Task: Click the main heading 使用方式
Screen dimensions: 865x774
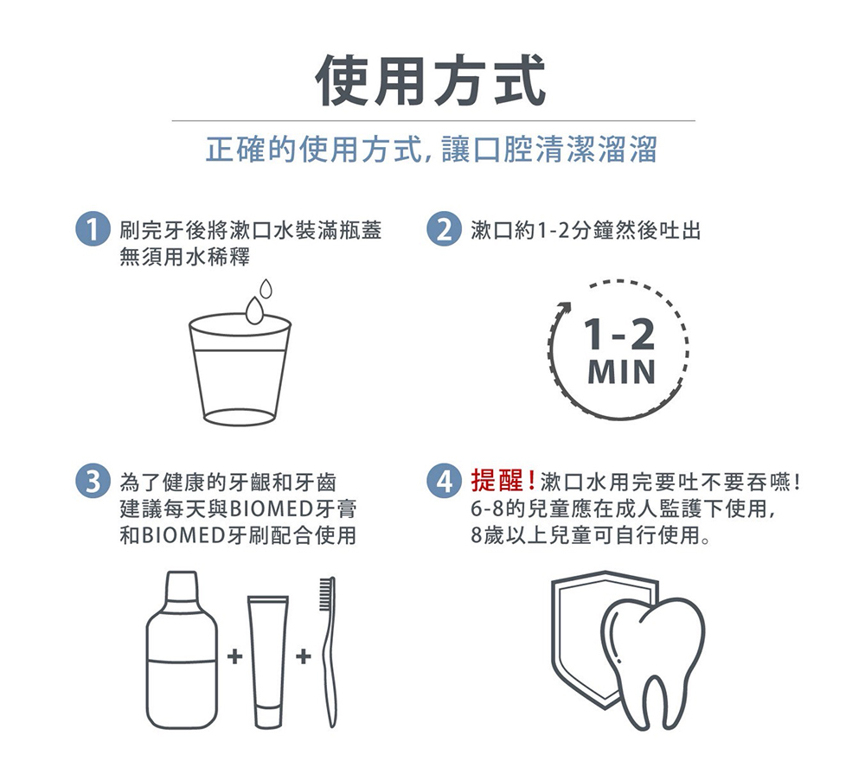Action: click(x=430, y=80)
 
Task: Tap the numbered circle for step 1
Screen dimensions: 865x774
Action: click(x=93, y=229)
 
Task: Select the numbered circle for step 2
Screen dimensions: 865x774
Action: click(x=443, y=229)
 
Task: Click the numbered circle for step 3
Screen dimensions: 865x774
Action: click(x=93, y=482)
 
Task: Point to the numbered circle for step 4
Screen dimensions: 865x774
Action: click(x=443, y=482)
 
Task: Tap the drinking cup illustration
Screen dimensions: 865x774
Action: click(x=240, y=368)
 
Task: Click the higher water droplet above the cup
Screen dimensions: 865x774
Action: click(x=266, y=288)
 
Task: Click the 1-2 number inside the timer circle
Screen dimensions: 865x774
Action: click(x=620, y=335)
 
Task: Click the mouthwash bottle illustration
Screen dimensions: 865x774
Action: click(x=182, y=649)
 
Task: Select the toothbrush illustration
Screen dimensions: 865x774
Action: click(x=328, y=652)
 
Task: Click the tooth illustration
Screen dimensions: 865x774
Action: click(x=653, y=662)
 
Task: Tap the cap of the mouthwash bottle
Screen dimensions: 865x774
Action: click(x=182, y=585)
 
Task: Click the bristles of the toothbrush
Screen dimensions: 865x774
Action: click(x=327, y=593)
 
